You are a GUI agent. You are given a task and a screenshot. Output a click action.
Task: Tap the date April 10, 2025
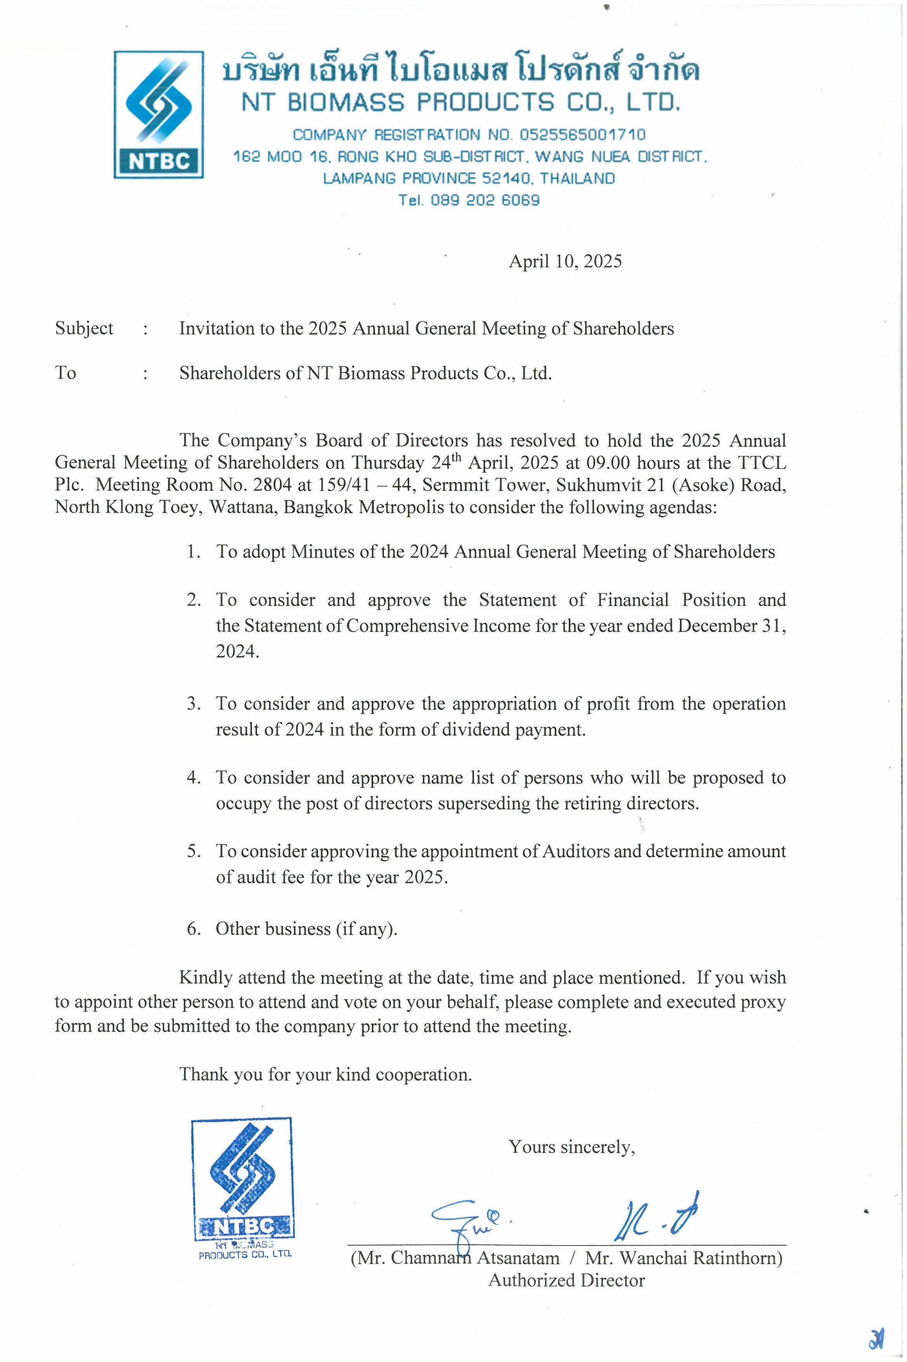pos(565,261)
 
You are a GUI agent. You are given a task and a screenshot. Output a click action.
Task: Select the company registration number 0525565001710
pos(582,135)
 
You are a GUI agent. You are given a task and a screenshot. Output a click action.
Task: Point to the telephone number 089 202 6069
pos(485,200)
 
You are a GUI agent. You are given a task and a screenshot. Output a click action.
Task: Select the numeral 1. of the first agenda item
pos(193,552)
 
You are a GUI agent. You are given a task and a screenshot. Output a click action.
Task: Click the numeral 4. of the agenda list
pos(193,778)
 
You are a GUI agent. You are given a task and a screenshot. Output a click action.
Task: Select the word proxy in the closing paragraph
pos(765,1002)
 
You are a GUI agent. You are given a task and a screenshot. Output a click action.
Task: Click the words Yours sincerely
pos(572,1147)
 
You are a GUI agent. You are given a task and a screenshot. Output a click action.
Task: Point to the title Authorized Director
pos(566,1280)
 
